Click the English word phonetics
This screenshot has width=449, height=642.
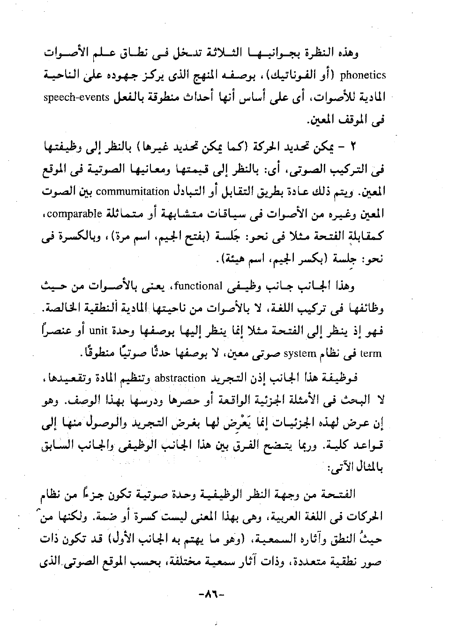(x=363, y=75)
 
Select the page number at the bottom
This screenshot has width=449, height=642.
(x=212, y=594)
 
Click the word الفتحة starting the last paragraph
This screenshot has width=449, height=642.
(x=343, y=494)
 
